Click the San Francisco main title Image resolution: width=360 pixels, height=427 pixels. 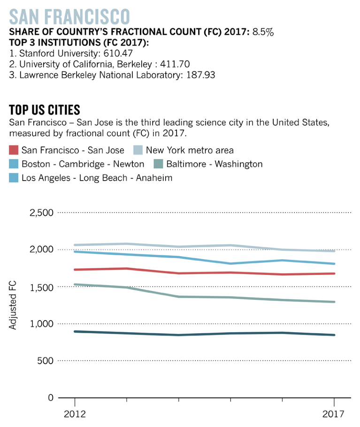pyautogui.click(x=69, y=16)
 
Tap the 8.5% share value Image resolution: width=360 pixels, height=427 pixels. pyautogui.click(x=263, y=32)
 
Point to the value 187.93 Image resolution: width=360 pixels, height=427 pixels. pyautogui.click(x=198, y=75)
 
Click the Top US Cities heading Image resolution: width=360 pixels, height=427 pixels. pyautogui.click(x=45, y=110)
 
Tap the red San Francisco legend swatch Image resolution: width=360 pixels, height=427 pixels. pyautogui.click(x=14, y=151)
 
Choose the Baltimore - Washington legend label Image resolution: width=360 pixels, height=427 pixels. pyautogui.click(x=214, y=164)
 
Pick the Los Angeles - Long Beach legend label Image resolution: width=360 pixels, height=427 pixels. pyautogui.click(x=97, y=178)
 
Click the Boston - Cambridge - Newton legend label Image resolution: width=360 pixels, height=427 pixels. pyautogui.click(x=83, y=164)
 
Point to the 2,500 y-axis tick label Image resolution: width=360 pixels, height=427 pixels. pyautogui.click(x=42, y=213)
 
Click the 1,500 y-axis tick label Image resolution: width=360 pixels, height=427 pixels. pyautogui.click(x=42, y=287)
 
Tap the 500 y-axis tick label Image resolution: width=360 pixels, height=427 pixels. pyautogui.click(x=46, y=361)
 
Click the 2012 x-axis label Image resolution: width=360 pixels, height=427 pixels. pyautogui.click(x=75, y=415)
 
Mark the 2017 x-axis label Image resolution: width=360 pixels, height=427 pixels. pyautogui.click(x=334, y=415)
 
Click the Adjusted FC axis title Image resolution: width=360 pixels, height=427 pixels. pyautogui.click(x=13, y=305)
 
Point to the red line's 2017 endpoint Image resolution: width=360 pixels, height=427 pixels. pyautogui.click(x=334, y=274)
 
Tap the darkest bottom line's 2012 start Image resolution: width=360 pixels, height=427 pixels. pyautogui.click(x=75, y=331)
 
